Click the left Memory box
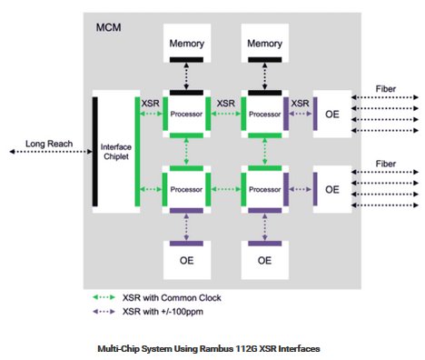(186, 45)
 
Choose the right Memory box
(265, 45)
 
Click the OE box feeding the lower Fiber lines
(331, 189)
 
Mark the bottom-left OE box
(186, 260)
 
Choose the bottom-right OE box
(265, 260)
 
